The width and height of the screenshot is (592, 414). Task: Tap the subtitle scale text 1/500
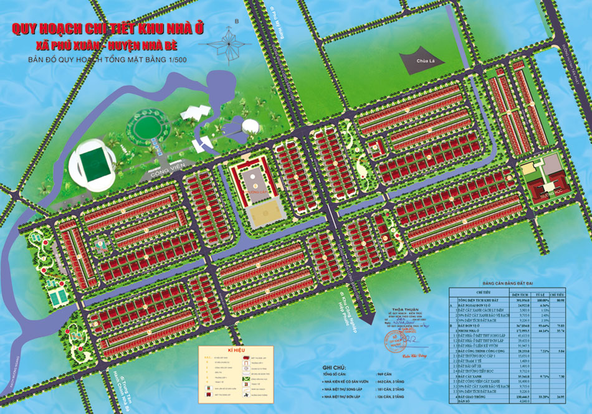(x=177, y=60)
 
